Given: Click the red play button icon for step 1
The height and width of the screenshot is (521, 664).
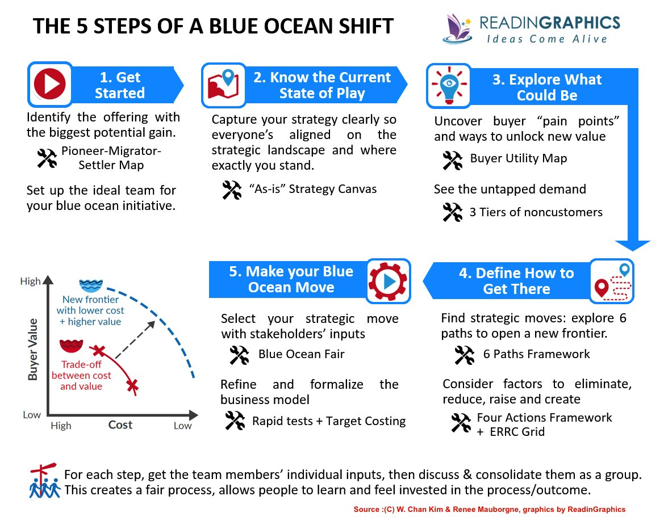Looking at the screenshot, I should click(x=51, y=85).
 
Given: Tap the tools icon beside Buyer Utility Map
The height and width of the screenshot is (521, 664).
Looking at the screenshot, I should click(x=452, y=159).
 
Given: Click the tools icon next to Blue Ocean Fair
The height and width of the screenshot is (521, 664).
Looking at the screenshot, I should click(x=239, y=355).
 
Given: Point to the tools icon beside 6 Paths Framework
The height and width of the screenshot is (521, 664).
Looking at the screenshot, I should click(x=465, y=355).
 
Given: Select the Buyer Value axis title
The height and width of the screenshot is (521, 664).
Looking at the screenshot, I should click(x=32, y=349).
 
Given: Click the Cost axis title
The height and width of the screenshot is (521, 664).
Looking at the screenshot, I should click(x=120, y=425).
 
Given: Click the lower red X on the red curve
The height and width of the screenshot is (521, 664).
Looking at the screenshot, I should click(x=132, y=386).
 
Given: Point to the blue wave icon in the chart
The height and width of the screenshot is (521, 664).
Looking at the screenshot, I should click(x=89, y=285).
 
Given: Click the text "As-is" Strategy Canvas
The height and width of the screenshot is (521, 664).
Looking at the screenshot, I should click(x=312, y=188).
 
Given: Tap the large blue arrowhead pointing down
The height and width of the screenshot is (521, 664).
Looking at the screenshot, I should click(x=632, y=245).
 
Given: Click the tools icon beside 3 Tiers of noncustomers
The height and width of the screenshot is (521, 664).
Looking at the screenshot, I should click(x=452, y=213).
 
